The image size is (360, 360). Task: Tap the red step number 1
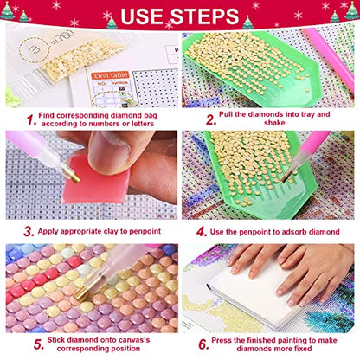click(31, 120)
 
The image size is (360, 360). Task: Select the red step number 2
click(211, 120)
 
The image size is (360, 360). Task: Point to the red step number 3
click(29, 231)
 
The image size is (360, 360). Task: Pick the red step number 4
click(202, 231)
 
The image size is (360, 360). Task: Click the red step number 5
click(39, 344)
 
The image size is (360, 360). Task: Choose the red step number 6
click(203, 344)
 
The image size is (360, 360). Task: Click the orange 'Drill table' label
click(110, 75)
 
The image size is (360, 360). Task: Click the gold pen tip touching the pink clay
click(72, 175)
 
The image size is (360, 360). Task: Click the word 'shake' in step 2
click(274, 123)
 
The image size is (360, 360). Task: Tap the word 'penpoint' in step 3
click(145, 231)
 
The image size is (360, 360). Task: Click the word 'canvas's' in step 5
click(133, 340)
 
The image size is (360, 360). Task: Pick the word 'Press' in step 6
click(222, 340)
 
